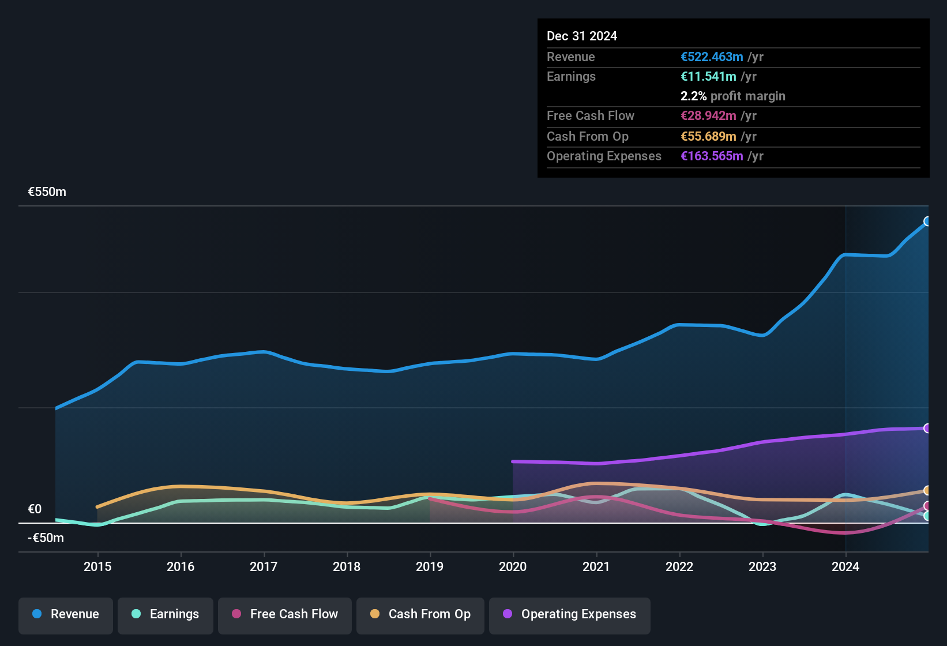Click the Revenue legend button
click(x=66, y=614)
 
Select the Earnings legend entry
click(x=166, y=614)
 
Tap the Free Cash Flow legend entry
click(x=285, y=614)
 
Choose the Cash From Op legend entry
click(x=420, y=614)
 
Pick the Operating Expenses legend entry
click(x=570, y=614)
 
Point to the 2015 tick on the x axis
click(x=97, y=566)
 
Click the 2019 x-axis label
click(x=430, y=566)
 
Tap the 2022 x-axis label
click(x=679, y=566)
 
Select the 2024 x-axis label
click(x=845, y=566)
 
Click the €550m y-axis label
click(x=47, y=192)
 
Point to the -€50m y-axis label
click(x=46, y=538)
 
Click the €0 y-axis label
click(x=35, y=509)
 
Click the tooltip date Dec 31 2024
click(x=581, y=36)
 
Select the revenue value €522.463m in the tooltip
click(x=712, y=57)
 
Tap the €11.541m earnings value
click(x=708, y=77)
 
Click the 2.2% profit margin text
click(x=732, y=96)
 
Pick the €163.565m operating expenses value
click(x=712, y=156)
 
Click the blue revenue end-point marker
click(x=927, y=221)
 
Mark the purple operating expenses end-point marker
click(x=927, y=428)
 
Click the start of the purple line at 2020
click(x=513, y=461)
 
